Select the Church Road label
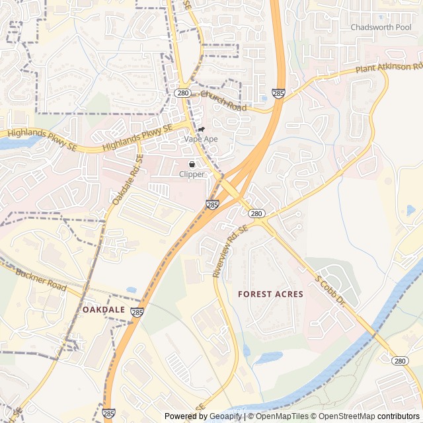click(223, 101)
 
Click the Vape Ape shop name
click(201, 139)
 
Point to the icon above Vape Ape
click(201, 129)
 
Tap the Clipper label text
click(192, 174)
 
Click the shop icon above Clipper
click(192, 164)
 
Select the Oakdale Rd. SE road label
click(128, 179)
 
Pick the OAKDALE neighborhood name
click(104, 309)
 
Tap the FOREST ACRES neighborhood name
click(270, 294)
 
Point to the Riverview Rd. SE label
click(229, 250)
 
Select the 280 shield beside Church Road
click(183, 93)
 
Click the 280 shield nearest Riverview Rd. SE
click(257, 213)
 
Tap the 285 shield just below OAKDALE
click(137, 312)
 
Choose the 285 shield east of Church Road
click(278, 95)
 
